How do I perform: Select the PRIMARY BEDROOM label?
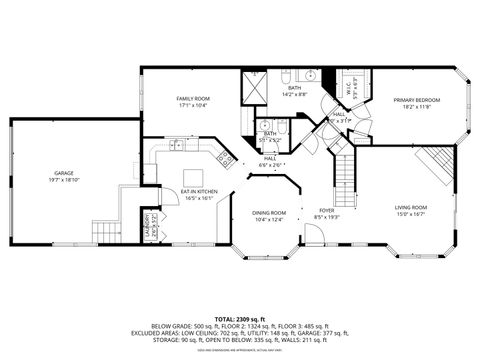(417, 100)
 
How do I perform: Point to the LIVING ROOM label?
(410, 206)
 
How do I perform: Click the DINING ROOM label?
(270, 212)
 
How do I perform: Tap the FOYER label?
(327, 210)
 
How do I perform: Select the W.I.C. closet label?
(349, 89)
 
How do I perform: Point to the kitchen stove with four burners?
(226, 161)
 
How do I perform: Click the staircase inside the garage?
(104, 232)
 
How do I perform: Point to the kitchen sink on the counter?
(176, 146)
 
